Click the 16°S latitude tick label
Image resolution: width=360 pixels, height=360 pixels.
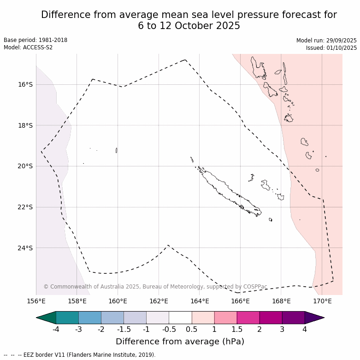point(26,84)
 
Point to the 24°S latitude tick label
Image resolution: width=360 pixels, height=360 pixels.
point(26,248)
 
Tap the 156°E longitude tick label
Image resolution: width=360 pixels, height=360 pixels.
point(36,301)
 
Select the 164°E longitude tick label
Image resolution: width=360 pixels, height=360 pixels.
point(199,301)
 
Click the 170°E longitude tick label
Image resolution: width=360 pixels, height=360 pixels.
point(322,301)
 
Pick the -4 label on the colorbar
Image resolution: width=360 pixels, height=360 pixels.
point(56,329)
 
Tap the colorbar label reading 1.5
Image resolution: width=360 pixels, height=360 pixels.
point(237,329)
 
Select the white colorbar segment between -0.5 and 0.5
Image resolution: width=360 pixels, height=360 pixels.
point(180,318)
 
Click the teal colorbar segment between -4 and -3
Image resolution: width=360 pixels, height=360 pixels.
point(67,318)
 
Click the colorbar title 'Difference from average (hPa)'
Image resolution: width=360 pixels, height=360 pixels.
point(180,342)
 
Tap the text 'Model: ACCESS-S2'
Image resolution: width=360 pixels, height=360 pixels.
point(28,47)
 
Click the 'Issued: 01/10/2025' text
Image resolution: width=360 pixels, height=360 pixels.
point(331,48)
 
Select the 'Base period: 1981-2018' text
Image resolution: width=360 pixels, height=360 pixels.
point(35,40)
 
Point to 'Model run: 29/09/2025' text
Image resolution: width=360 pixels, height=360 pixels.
point(326,41)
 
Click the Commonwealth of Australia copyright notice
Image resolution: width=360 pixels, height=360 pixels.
point(155,287)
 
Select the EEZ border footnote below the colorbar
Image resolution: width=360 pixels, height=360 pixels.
point(80,355)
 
